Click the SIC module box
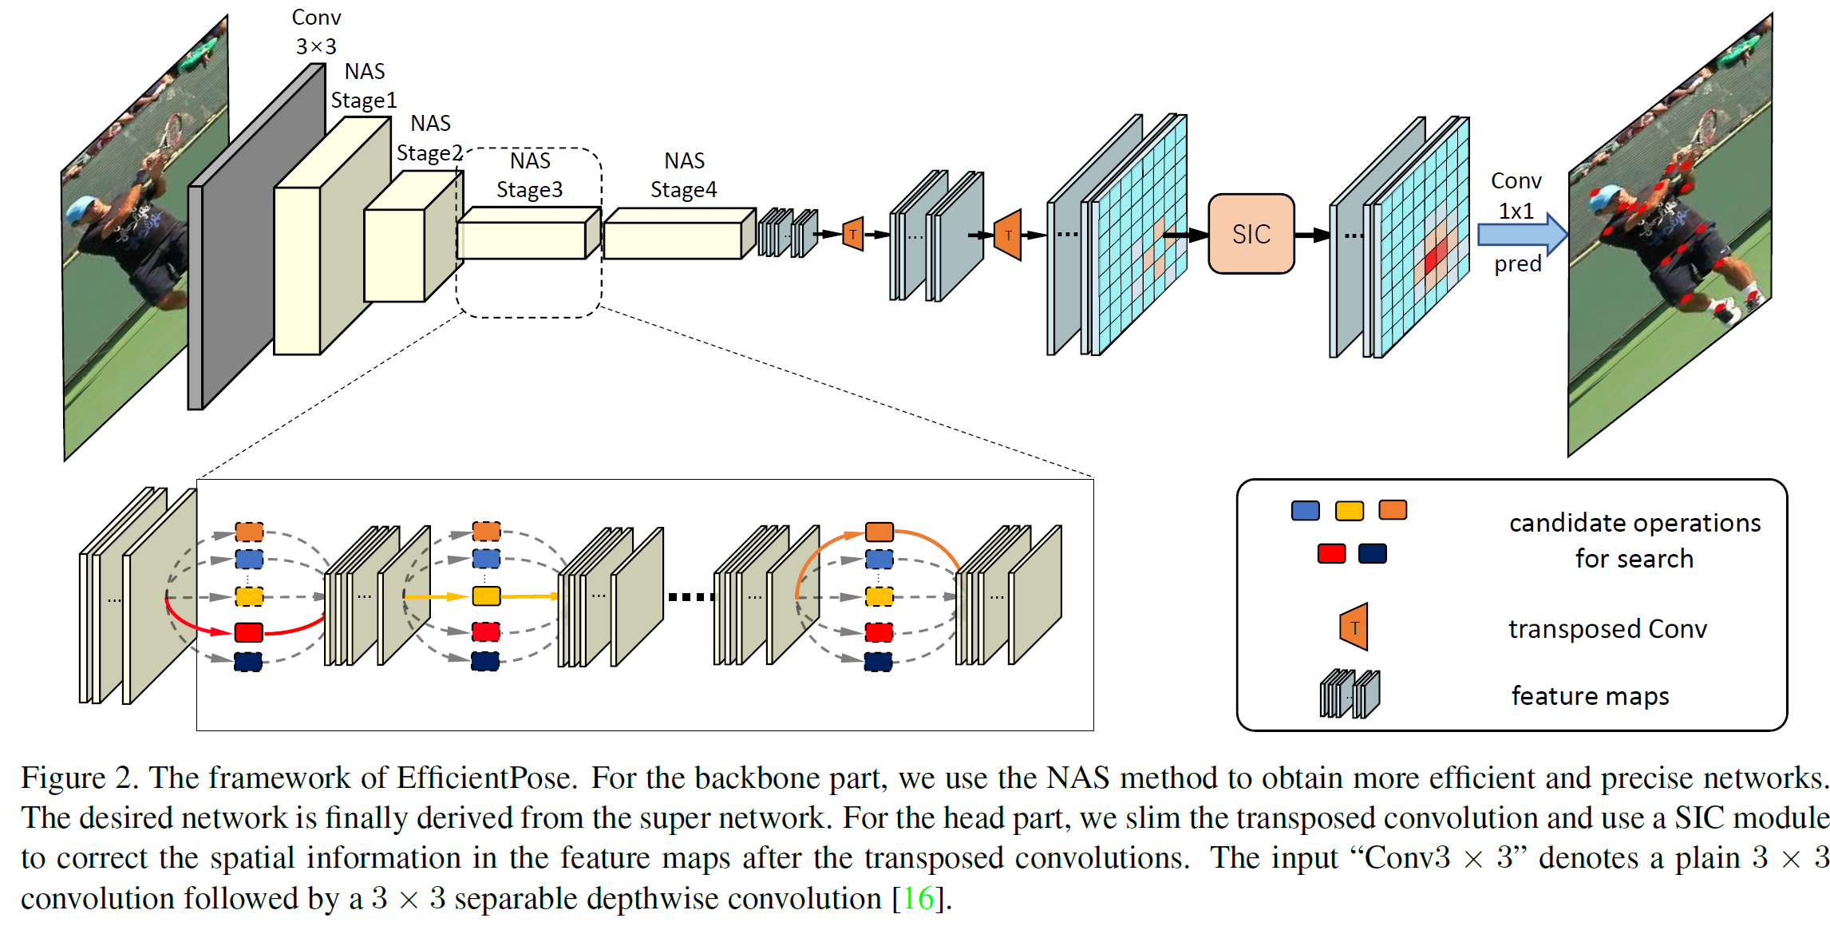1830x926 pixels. click(1251, 234)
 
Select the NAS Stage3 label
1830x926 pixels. click(529, 176)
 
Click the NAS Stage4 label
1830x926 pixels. click(683, 176)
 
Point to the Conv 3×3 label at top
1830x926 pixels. click(316, 32)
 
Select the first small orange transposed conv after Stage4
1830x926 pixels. click(853, 235)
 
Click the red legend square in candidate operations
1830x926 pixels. click(1331, 553)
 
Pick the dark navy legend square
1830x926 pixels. click(1372, 553)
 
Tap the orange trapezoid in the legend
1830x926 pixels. click(1354, 627)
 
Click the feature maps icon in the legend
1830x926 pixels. click(1350, 694)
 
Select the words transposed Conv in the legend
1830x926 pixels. click(1607, 629)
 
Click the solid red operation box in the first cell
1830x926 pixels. click(249, 632)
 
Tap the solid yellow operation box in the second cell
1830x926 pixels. click(486, 596)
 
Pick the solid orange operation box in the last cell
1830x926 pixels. click(879, 532)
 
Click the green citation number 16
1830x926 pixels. click(918, 899)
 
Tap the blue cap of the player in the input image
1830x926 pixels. click(82, 209)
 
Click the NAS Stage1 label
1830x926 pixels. click(364, 85)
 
